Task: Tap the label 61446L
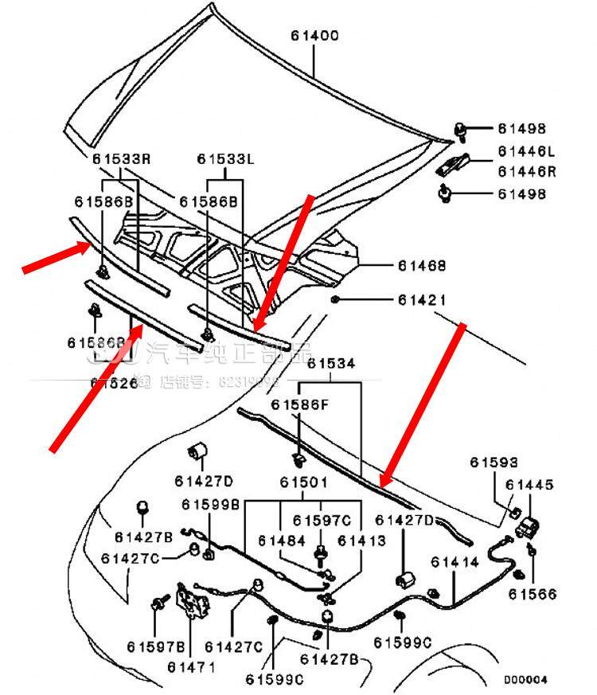[x=526, y=150]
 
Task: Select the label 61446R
[x=526, y=170]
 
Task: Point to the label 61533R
[x=121, y=158]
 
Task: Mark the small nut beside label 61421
[x=337, y=299]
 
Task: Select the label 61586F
[x=298, y=404]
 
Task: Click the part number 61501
[x=303, y=482]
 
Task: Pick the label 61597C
[x=322, y=520]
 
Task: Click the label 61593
[x=494, y=462]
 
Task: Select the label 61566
[x=533, y=594]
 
